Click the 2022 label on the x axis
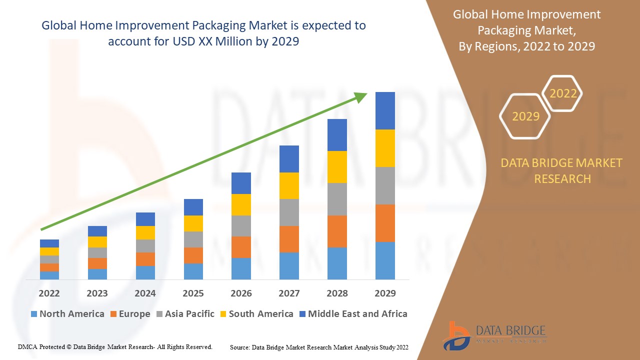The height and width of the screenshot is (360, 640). (49, 293)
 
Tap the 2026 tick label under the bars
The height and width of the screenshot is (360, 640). (241, 293)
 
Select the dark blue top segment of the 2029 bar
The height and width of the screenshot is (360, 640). (385, 110)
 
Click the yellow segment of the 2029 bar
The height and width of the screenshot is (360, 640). (385, 148)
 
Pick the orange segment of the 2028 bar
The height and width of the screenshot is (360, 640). (337, 231)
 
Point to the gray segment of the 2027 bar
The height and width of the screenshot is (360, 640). (289, 212)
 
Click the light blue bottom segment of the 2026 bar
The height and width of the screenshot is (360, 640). (241, 268)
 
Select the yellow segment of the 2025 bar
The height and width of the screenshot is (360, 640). (193, 223)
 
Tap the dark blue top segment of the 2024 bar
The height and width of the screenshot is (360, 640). (145, 219)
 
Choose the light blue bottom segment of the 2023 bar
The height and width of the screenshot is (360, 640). (97, 274)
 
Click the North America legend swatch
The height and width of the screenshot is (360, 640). (34, 314)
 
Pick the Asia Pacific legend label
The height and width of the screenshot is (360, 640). (189, 314)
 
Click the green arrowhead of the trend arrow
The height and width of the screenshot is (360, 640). (361, 96)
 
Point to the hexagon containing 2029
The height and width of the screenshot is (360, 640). (525, 116)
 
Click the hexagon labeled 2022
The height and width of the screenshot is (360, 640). (563, 93)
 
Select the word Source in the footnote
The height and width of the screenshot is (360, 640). (239, 346)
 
